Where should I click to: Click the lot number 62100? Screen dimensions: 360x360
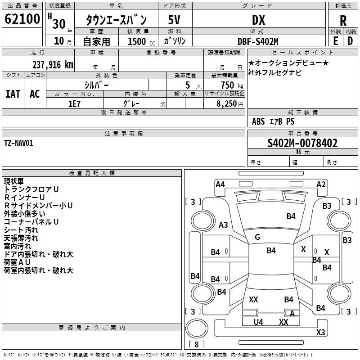tap(22, 19)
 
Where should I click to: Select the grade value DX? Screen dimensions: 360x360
tap(258, 20)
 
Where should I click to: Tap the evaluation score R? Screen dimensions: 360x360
tap(343, 21)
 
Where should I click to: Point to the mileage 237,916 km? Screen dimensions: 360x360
tap(53, 65)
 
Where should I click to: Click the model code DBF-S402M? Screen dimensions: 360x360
tap(258, 41)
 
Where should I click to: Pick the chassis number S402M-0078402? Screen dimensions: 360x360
tap(302, 143)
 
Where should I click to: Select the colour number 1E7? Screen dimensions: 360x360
tap(74, 104)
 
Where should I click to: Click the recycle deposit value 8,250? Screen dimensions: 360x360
tap(226, 104)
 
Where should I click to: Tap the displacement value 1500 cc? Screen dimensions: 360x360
tap(141, 41)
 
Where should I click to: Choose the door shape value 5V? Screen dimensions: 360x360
tap(174, 20)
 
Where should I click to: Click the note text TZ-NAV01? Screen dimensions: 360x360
tap(18, 143)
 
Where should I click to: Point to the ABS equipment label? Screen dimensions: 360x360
tap(258, 121)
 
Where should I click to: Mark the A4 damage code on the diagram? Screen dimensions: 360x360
tap(220, 184)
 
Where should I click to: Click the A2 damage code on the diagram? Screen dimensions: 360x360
tap(321, 184)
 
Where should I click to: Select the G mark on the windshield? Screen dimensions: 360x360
tap(257, 237)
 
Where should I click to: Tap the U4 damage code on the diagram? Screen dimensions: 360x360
tap(258, 322)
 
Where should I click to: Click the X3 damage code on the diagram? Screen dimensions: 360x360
tap(320, 332)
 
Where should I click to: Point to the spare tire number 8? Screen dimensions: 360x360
tap(197, 344)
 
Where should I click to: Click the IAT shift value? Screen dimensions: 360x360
tap(13, 94)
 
